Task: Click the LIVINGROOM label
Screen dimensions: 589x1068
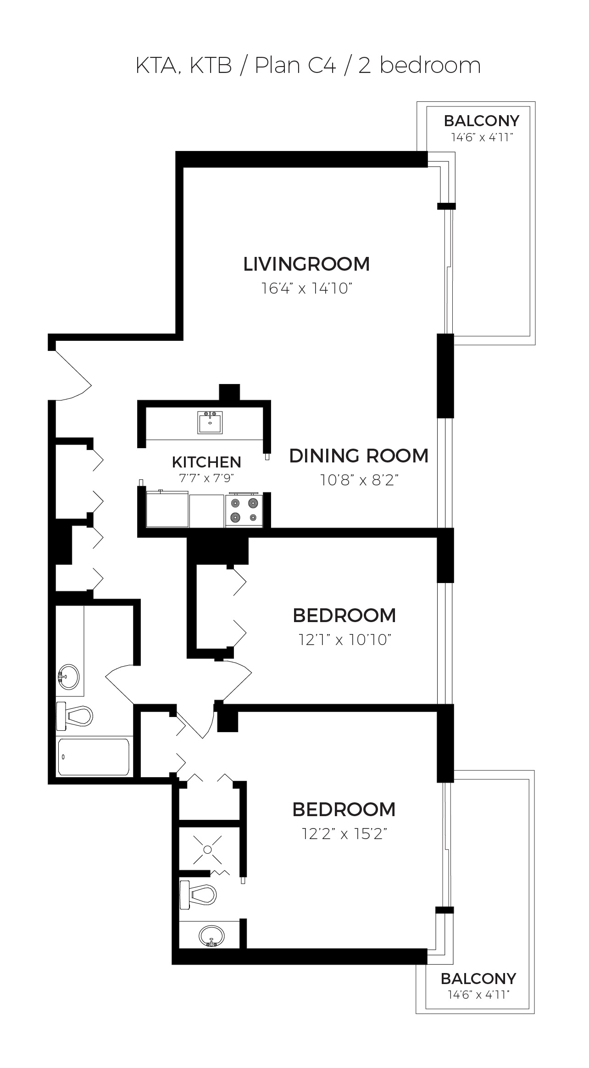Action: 306,264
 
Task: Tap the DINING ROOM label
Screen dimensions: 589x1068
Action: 359,456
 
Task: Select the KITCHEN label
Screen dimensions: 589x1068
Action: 206,462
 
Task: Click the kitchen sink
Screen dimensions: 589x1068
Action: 210,422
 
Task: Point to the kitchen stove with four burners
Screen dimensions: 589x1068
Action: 244,510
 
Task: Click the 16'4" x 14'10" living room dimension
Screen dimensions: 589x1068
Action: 306,289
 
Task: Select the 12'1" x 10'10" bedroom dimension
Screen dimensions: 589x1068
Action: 345,640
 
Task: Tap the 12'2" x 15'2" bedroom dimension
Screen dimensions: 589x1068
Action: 345,834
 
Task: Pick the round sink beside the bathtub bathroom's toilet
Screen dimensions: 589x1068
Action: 69,677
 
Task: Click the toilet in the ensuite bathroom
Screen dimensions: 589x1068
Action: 198,895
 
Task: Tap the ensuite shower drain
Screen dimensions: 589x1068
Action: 207,850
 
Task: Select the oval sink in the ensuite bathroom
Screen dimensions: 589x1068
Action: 211,934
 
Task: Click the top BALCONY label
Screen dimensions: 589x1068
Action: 482,121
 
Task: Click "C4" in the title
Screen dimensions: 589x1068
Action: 322,66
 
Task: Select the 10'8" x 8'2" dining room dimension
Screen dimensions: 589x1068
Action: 359,480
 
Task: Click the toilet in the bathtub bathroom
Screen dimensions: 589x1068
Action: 74,715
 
